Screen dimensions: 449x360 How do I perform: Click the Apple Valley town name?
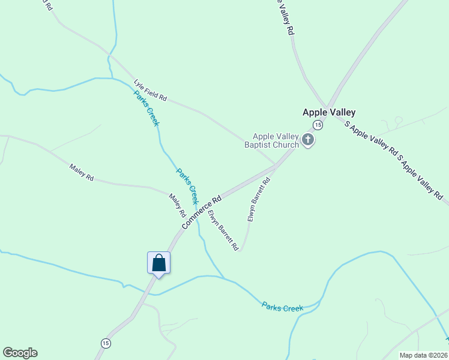click(x=328, y=112)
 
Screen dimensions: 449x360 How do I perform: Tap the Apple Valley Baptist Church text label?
click(x=276, y=140)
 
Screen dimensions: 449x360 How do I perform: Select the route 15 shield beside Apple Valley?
click(x=318, y=125)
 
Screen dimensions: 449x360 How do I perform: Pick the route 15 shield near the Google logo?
click(x=106, y=343)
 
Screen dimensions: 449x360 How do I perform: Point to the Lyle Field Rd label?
click(x=150, y=89)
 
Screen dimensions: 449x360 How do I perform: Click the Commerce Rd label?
click(x=202, y=211)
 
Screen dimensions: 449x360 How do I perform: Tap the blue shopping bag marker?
click(x=158, y=263)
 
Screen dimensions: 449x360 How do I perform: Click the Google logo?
click(x=20, y=353)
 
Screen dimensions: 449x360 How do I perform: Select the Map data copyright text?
click(x=424, y=355)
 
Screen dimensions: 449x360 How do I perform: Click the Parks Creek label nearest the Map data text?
click(x=282, y=307)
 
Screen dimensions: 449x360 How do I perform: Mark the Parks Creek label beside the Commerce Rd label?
click(x=187, y=187)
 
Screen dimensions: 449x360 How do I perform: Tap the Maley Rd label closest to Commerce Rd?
click(x=178, y=206)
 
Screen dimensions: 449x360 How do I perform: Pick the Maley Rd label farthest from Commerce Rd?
click(x=82, y=173)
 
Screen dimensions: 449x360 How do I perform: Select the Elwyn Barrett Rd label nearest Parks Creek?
click(x=223, y=230)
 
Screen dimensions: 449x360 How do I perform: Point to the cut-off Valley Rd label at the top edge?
click(x=285, y=17)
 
